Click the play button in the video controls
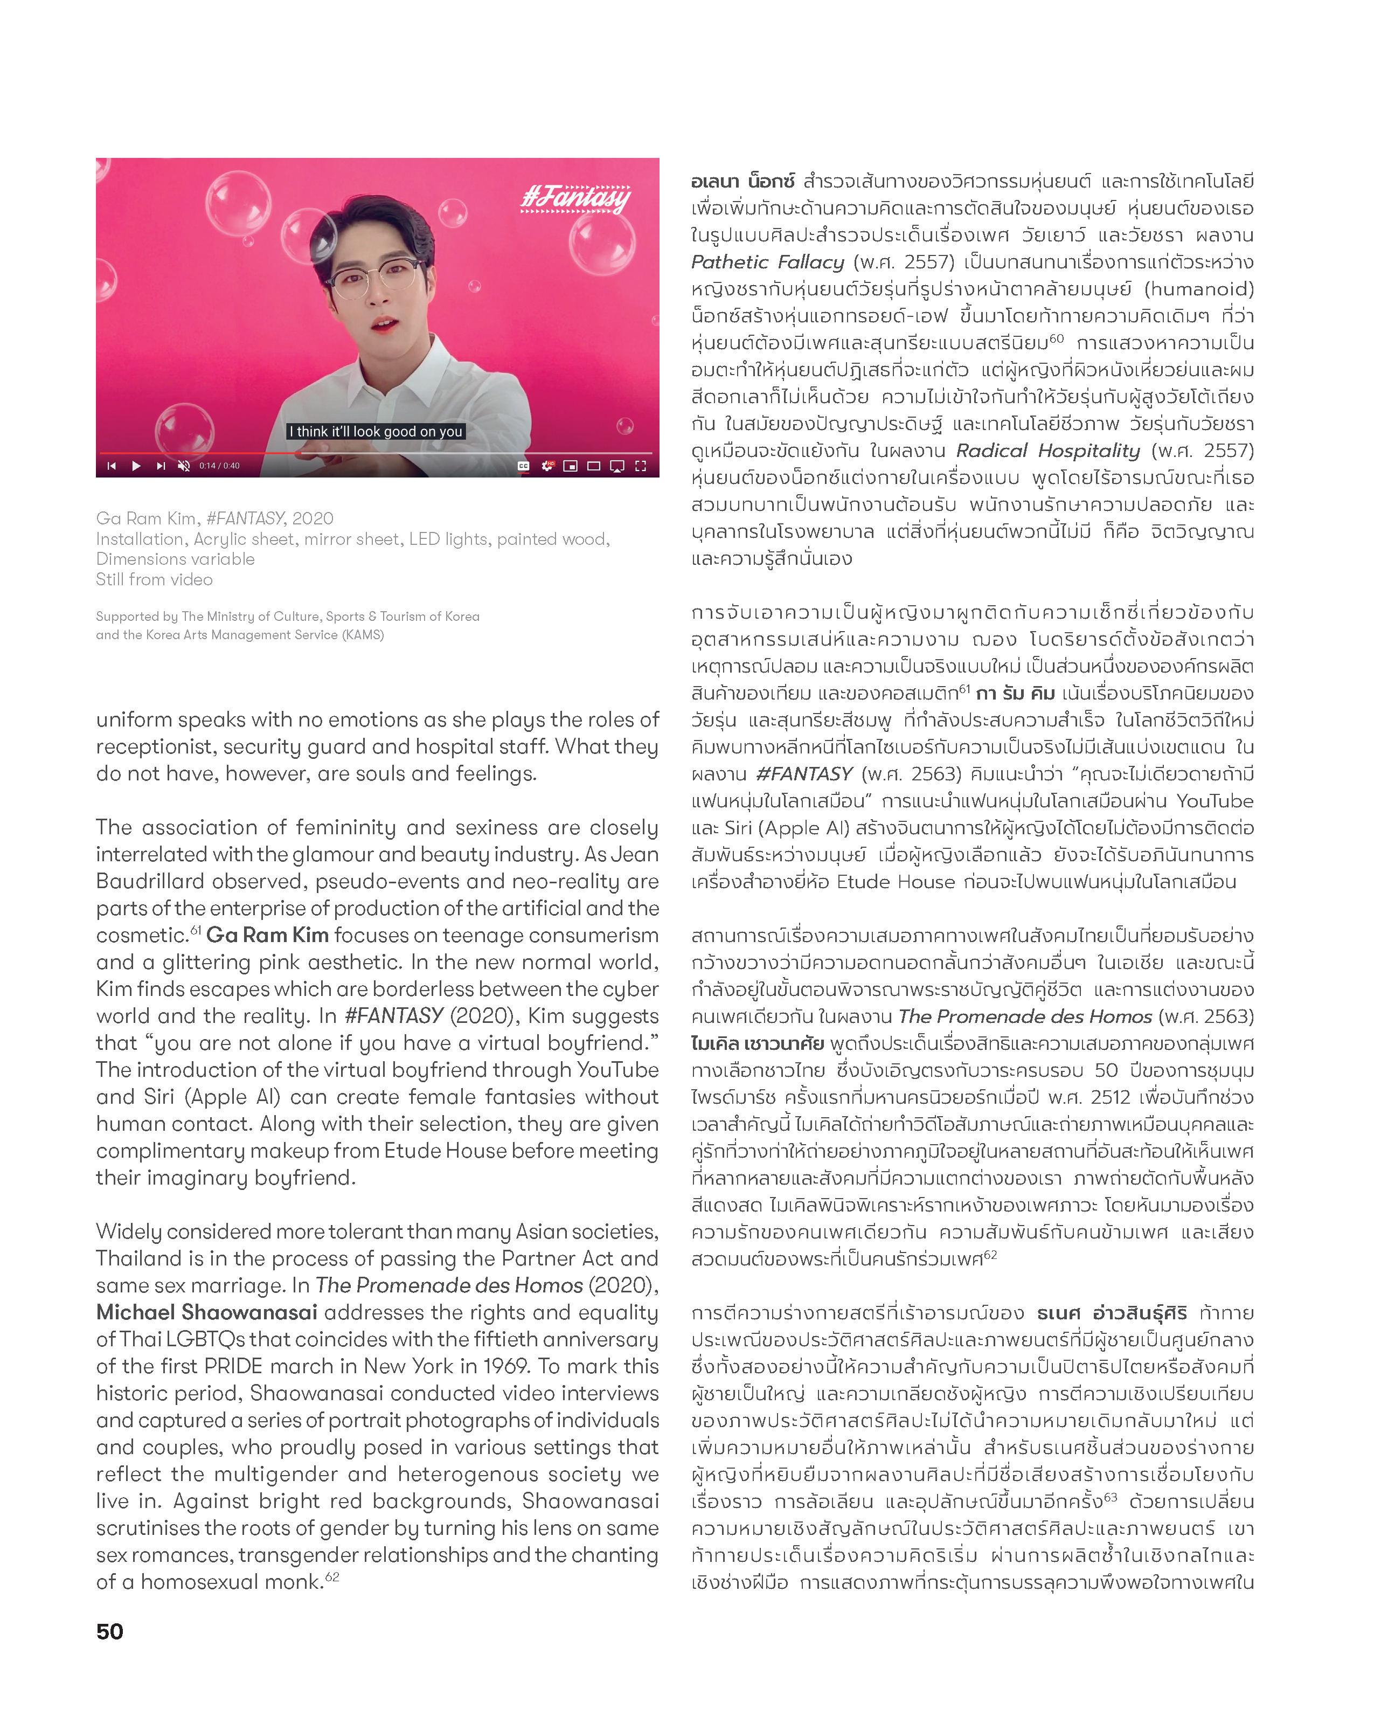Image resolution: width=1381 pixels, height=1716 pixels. [x=136, y=466]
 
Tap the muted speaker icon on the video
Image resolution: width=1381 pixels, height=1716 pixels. [x=184, y=466]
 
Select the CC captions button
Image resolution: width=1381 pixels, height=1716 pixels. [x=524, y=466]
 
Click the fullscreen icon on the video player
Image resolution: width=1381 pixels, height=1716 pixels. [x=641, y=466]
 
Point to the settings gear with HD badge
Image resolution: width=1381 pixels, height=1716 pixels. [x=547, y=466]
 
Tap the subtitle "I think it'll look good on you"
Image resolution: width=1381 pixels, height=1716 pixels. [x=376, y=431]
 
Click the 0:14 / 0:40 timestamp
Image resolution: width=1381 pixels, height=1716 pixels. [x=220, y=466]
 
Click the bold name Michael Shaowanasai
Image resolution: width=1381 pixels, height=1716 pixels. [x=207, y=1312]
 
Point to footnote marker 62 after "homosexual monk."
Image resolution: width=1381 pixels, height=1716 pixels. [x=332, y=1577]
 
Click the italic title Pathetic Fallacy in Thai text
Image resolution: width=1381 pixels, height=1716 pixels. [x=767, y=262]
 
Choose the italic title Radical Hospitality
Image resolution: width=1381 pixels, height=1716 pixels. [x=1047, y=451]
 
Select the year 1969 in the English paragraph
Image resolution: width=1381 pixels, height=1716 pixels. [x=502, y=1367]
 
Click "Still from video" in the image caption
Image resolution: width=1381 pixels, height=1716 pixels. [x=155, y=579]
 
